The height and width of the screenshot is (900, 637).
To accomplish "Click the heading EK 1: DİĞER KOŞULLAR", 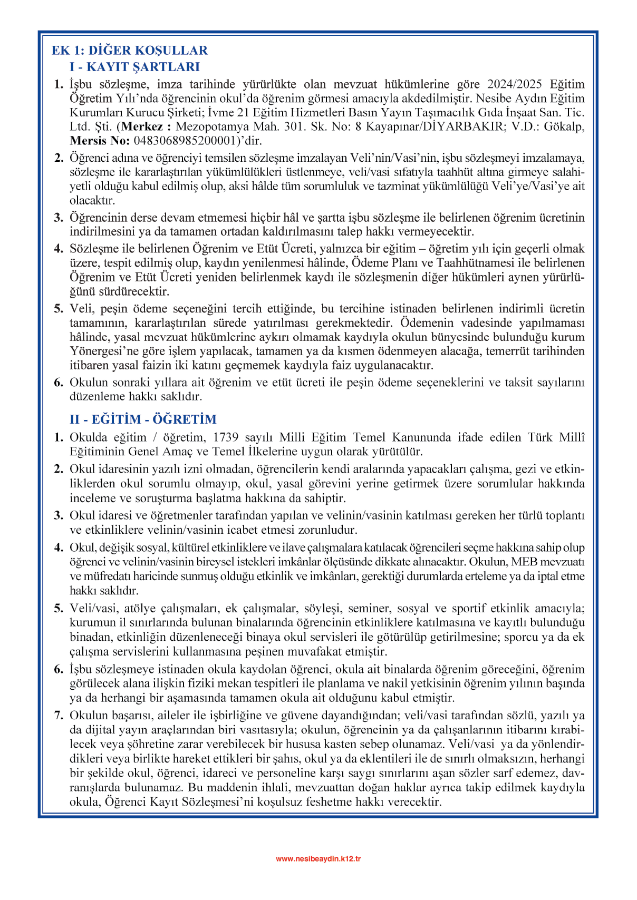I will pos(130,51).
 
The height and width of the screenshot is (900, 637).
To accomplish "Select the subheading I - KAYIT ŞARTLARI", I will pos(134,67).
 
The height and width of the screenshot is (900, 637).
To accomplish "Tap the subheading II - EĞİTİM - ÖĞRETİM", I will pos(143,419).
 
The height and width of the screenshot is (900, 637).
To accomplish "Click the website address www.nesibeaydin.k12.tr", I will pos(318,859).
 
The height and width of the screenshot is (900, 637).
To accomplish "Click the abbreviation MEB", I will pos(523,562).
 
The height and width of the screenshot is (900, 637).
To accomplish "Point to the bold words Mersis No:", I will pos(99,141).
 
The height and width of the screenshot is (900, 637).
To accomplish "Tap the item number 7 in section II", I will pos(59,716).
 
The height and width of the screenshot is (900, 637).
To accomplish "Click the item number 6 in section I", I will pos(59,383).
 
